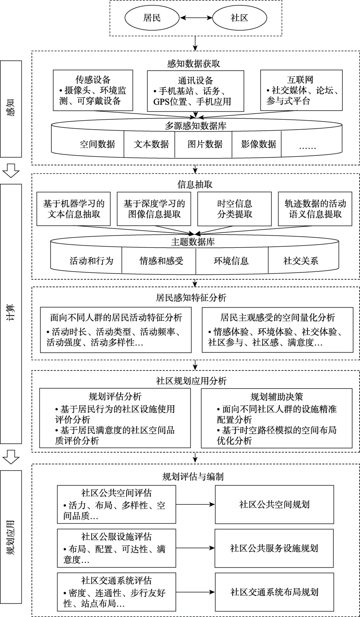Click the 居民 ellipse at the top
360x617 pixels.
click(152, 18)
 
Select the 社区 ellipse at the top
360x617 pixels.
click(240, 18)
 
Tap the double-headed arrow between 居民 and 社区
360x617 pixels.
click(196, 18)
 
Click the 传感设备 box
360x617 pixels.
click(93, 90)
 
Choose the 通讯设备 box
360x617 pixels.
click(195, 90)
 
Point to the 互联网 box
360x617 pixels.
click(301, 90)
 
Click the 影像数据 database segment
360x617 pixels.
click(258, 144)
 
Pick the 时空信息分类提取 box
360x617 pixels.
click(235, 209)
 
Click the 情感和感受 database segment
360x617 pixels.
click(161, 260)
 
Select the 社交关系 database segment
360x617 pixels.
click(301, 260)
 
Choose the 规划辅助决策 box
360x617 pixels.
click(277, 418)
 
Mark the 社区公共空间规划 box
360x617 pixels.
click(274, 504)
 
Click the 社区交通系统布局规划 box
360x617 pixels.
click(274, 592)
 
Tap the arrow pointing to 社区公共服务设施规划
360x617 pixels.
click(195, 548)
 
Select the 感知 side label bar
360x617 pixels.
click(11, 109)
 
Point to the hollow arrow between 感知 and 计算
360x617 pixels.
click(11, 171)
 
